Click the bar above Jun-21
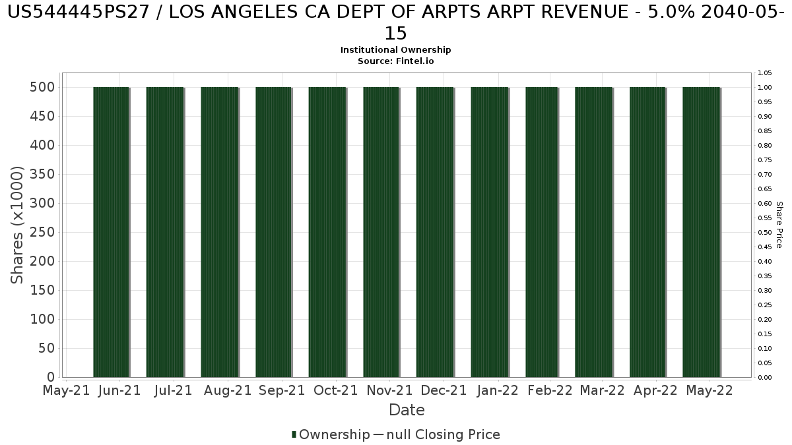tap(111, 232)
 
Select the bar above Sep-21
tap(273, 232)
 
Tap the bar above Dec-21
tap(435, 232)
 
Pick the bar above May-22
tap(701, 232)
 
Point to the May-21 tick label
tap(66, 390)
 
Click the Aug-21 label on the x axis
tap(228, 390)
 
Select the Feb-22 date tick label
tap(550, 390)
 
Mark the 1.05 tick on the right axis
tap(765, 73)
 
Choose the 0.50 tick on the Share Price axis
tap(765, 233)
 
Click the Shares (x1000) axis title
tap(18, 225)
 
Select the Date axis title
tap(407, 410)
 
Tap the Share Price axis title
tap(779, 225)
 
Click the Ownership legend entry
tap(331, 434)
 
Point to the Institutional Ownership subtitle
tap(396, 50)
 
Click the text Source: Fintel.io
tap(396, 61)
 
